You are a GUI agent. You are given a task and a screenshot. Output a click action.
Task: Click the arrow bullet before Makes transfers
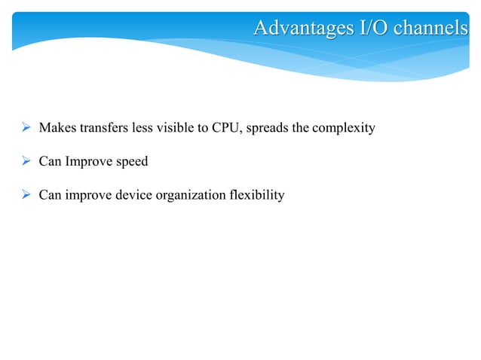[25, 128]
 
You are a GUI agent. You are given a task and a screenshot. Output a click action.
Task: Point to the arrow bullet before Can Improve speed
[25, 162]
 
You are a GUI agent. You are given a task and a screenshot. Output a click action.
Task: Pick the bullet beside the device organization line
[25, 196]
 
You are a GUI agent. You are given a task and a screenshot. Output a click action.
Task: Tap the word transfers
[102, 128]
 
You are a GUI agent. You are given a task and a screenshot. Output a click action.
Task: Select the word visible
[176, 128]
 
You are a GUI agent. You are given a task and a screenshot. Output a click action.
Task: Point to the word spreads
[266, 129]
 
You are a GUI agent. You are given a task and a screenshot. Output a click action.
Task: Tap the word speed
[130, 163]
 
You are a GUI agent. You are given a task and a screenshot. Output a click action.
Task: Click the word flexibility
[257, 196]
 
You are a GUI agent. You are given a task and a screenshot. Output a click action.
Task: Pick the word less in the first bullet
[142, 128]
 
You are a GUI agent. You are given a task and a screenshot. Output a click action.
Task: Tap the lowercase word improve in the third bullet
[87, 197]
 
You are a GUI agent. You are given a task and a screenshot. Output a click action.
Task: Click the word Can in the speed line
[50, 162]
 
